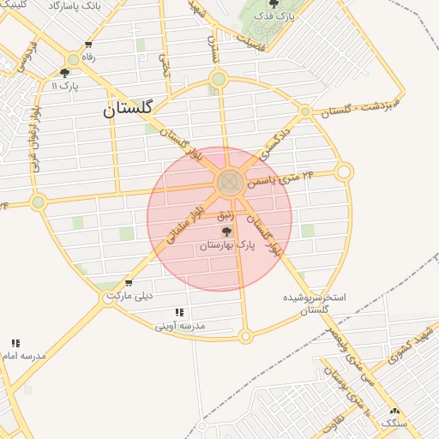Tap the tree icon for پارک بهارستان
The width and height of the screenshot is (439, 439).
[x=226, y=232]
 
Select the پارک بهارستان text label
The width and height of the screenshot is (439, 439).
[x=227, y=246]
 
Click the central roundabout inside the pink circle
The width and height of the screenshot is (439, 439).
[x=229, y=182]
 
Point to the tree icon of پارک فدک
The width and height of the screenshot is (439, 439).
[x=274, y=4]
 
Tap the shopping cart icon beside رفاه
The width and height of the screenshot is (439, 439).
[x=89, y=45]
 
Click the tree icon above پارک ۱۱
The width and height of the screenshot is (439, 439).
[x=65, y=73]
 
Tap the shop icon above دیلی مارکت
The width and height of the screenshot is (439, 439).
[x=129, y=283]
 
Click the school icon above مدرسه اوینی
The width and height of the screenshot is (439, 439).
[x=179, y=313]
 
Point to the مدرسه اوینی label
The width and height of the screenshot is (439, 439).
[x=180, y=326]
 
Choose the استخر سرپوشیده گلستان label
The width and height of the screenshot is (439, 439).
[x=315, y=304]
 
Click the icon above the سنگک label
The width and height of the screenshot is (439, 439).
[x=394, y=412]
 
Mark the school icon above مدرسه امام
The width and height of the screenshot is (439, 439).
[x=15, y=343]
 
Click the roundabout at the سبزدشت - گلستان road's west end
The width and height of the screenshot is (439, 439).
[x=305, y=111]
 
